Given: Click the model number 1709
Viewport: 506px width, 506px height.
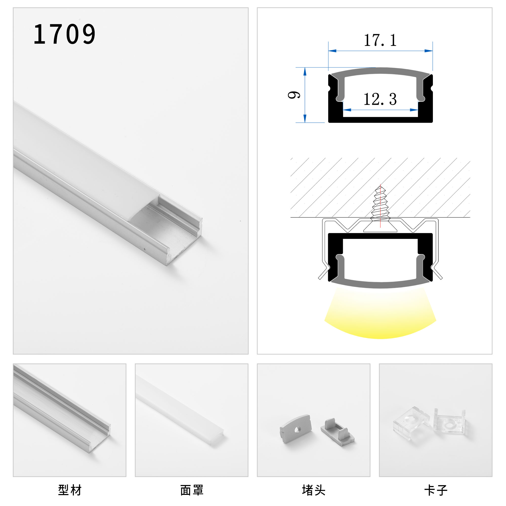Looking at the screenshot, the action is pos(65,34).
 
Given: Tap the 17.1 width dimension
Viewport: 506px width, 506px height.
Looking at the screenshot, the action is pos(380,40).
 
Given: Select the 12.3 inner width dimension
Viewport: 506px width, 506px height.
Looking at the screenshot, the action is pos(380,99).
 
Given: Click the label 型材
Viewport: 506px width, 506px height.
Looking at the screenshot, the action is pos(70,490).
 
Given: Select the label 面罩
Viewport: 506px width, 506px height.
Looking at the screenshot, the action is pos(192,490).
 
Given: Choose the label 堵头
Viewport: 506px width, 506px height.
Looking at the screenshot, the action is pos(313,490).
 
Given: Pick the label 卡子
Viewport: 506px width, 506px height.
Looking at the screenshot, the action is pos(436,490).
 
